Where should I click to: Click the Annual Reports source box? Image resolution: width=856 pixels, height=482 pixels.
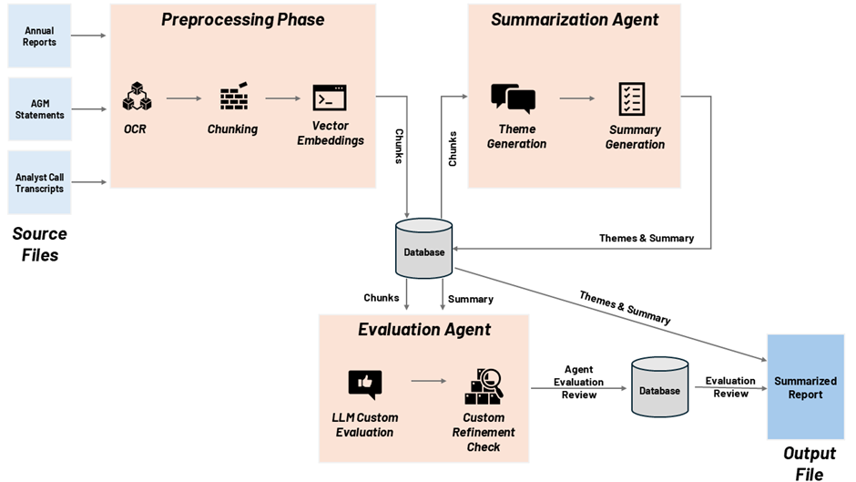coord(39,36)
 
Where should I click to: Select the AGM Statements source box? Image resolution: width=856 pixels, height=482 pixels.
coord(39,109)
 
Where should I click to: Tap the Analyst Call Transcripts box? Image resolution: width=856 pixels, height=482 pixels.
coord(39,182)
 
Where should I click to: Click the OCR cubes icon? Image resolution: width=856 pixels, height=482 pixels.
coord(136,97)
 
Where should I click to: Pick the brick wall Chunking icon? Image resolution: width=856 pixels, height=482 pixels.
coord(234,97)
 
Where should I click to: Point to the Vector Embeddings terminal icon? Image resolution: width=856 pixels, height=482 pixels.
coord(330,97)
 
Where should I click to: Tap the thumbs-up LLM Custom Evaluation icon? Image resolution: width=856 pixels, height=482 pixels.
coord(364,385)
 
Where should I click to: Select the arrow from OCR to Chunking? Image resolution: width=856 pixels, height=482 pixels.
coord(184,98)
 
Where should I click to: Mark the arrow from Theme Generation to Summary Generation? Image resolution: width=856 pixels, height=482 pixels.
coord(576,98)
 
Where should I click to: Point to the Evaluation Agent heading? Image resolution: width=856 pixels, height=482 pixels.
coord(424,330)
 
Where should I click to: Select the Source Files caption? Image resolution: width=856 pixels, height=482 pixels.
coord(39,244)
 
